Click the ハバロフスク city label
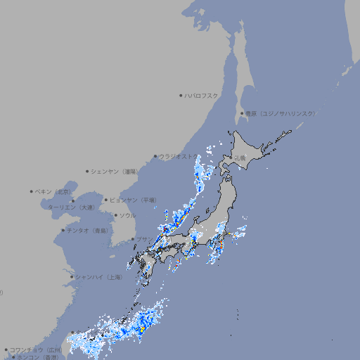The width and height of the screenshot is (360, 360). pyautogui.click(x=201, y=95)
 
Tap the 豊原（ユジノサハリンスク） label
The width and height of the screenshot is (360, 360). pyautogui.click(x=280, y=113)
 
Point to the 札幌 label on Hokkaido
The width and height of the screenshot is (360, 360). pyautogui.click(x=240, y=158)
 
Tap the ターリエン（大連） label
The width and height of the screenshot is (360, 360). pyautogui.click(x=70, y=208)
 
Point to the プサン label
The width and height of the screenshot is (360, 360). pyautogui.click(x=141, y=239)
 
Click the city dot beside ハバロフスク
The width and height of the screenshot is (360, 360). pyautogui.click(x=181, y=95)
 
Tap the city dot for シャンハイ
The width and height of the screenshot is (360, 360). pyautogui.click(x=72, y=277)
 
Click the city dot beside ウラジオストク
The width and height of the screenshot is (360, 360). pyautogui.click(x=155, y=156)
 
